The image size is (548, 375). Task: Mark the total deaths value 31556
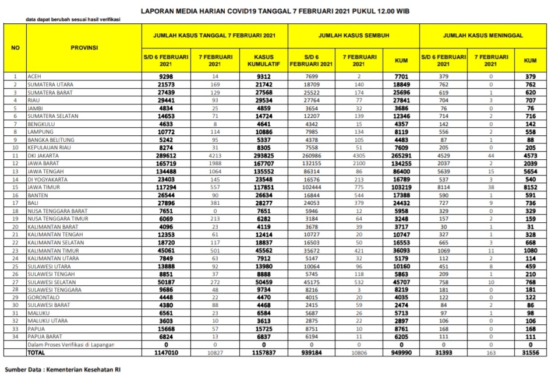tap(530, 353)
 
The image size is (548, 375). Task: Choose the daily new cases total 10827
tap(216, 353)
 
